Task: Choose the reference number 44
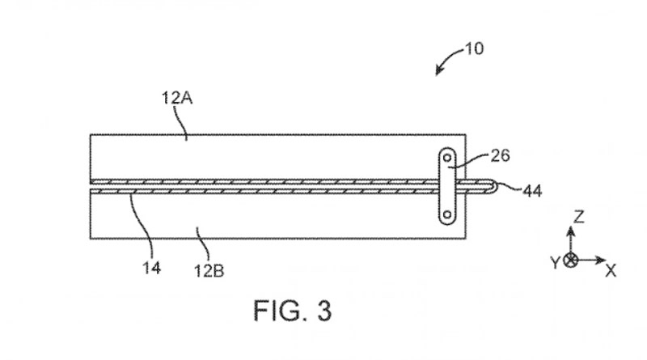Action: (532, 191)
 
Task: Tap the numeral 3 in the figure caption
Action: (322, 311)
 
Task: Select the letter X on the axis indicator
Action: (611, 271)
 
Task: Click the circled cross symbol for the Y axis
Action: (571, 260)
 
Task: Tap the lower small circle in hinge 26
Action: (447, 216)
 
